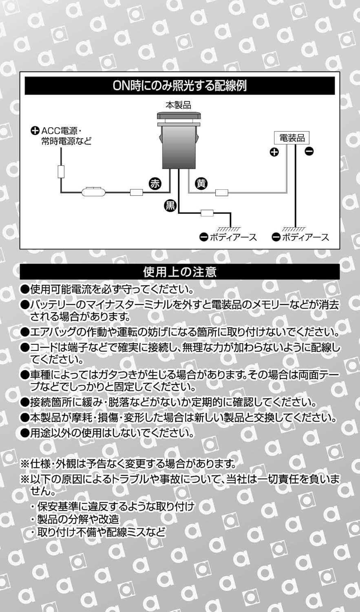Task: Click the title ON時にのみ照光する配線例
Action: [179, 86]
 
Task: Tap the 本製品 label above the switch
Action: [178, 105]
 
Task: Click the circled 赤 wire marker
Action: [155, 184]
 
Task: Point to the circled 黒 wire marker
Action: [170, 205]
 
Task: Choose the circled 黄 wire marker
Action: [201, 184]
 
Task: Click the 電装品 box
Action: [292, 138]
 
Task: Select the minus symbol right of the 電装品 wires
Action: [309, 152]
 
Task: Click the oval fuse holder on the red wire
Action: [94, 192]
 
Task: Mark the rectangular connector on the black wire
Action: [207, 213]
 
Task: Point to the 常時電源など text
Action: [66, 141]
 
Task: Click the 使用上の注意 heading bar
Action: [179, 272]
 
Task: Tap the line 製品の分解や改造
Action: [78, 519]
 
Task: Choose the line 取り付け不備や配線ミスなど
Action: [101, 532]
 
